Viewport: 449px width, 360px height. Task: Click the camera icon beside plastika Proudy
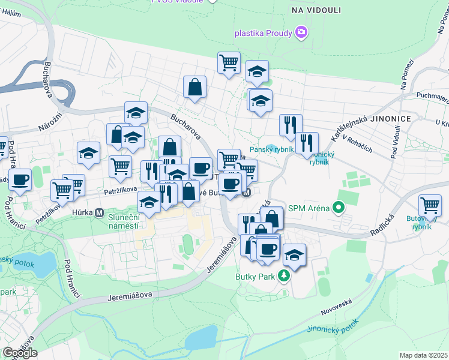(x=301, y=32)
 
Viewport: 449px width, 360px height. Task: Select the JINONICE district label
(x=391, y=119)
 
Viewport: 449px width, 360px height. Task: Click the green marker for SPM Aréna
(x=339, y=208)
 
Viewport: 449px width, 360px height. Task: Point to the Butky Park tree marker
(x=284, y=276)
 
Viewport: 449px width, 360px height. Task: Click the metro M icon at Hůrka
(x=99, y=213)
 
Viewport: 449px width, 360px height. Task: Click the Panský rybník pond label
(x=272, y=150)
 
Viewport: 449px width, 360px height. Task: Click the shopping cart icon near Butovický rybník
(x=429, y=205)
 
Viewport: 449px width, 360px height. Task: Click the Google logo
(x=19, y=352)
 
